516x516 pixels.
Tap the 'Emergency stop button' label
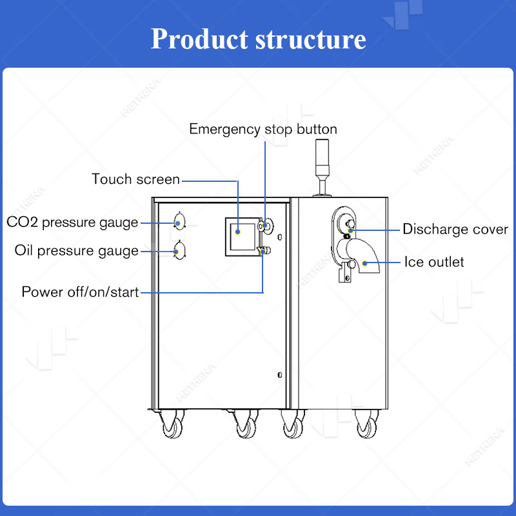(263, 129)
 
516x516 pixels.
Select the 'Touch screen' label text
(135, 179)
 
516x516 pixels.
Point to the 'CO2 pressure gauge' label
(72, 223)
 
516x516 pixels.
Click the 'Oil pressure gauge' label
(76, 250)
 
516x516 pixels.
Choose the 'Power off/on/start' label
(80, 292)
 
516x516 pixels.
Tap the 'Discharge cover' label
(455, 229)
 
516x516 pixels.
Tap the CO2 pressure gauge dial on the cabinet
(179, 223)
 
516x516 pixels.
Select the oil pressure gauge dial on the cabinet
(179, 250)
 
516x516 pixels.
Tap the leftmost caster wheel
(172, 427)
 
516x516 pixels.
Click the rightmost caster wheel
(366, 427)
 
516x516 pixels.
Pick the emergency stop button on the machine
(265, 225)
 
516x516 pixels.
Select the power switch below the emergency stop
(263, 250)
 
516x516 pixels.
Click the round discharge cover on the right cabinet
(348, 223)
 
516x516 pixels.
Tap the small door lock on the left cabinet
(279, 375)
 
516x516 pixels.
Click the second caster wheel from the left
(245, 427)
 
